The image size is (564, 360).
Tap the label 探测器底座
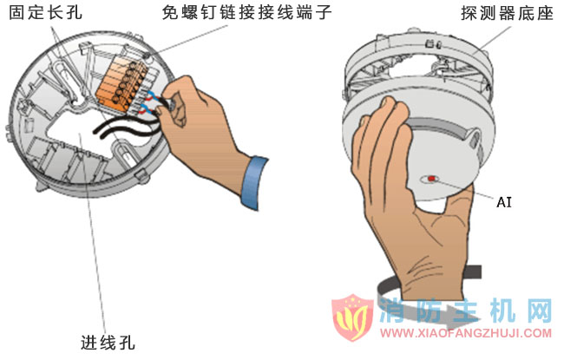point(504,15)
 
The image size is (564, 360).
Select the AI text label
point(504,202)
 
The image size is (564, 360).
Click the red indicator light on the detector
point(431,180)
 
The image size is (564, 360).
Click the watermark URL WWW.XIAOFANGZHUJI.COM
point(467,333)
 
